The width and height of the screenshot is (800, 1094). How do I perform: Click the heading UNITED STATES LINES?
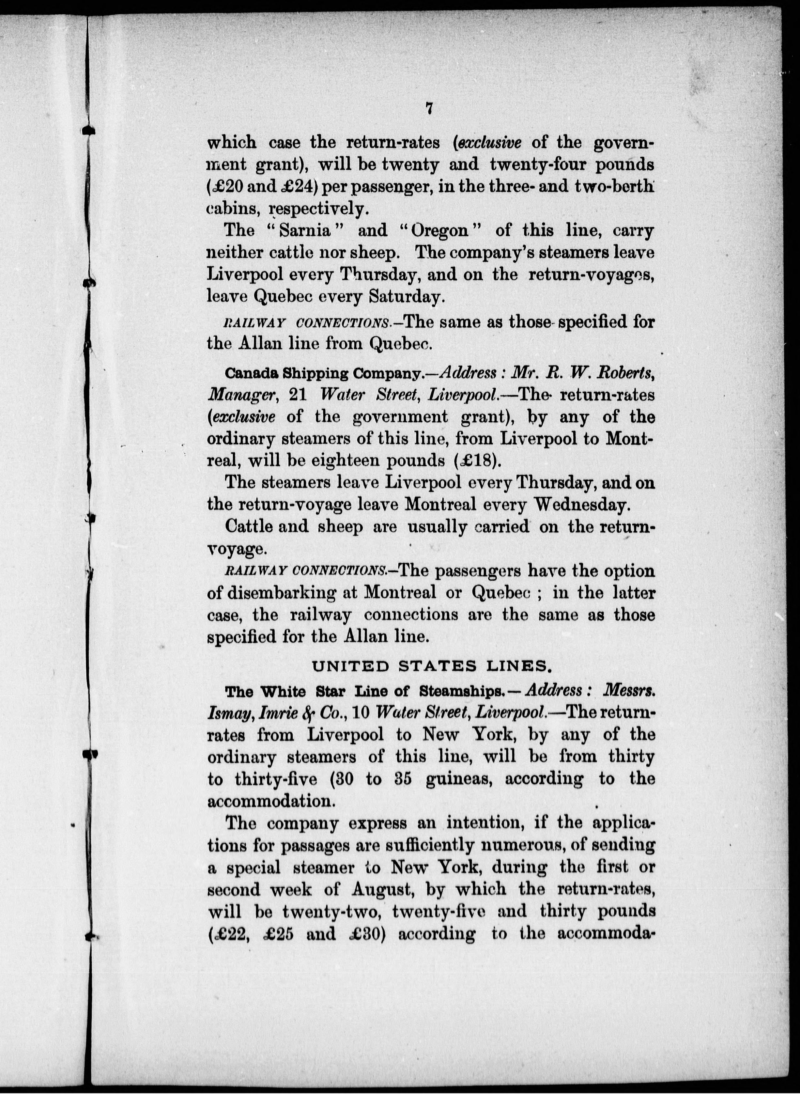click(431, 667)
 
